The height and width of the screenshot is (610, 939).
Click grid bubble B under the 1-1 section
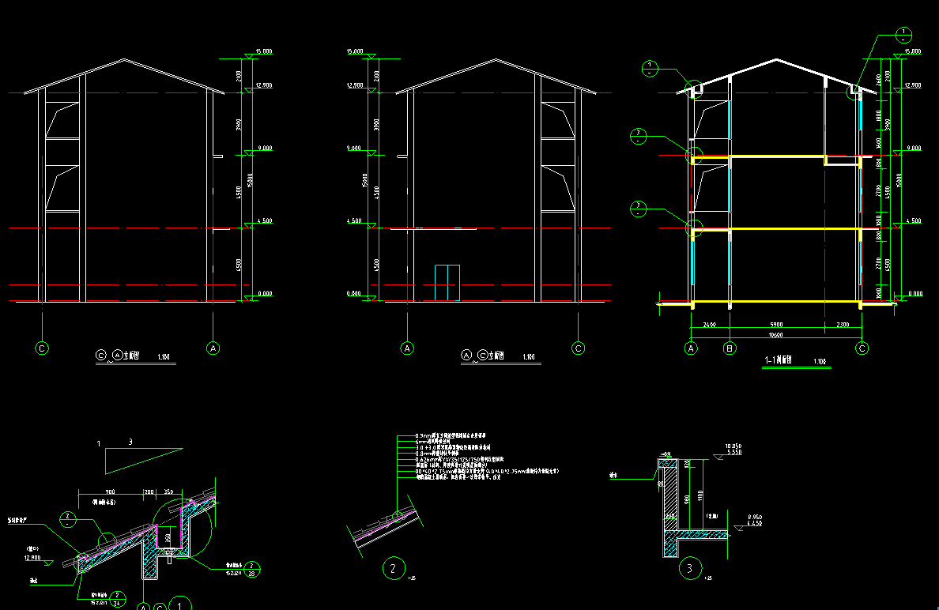click(x=730, y=348)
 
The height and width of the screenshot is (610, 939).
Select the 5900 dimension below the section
click(x=775, y=324)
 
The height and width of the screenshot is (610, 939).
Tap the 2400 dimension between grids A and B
click(x=709, y=324)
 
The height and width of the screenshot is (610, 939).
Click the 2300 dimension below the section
click(x=843, y=324)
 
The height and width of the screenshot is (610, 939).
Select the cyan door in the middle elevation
click(x=447, y=283)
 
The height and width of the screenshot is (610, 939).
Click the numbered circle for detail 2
click(x=393, y=567)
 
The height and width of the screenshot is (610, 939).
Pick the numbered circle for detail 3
click(x=690, y=567)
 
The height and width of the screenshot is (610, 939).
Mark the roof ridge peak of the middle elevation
click(x=496, y=59)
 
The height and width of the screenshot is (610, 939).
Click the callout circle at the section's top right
click(x=903, y=35)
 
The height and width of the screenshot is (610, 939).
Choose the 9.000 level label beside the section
click(x=911, y=149)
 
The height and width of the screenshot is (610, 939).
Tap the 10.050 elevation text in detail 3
click(x=732, y=446)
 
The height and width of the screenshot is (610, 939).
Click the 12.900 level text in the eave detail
click(x=32, y=557)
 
